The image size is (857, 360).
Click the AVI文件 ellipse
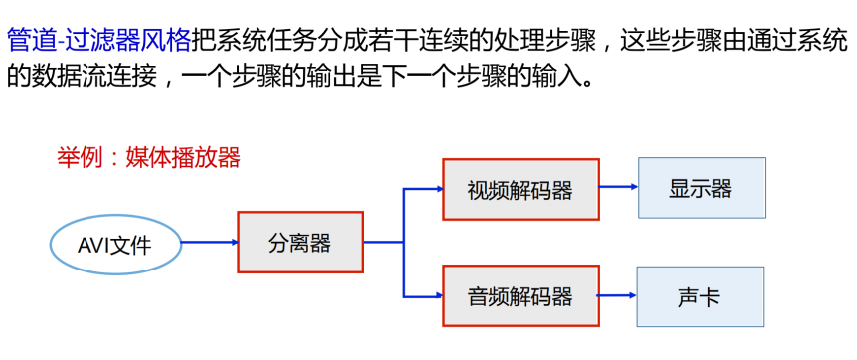coord(115,242)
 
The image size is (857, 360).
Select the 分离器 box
coord(299,242)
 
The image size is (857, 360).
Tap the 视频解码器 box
coord(520,189)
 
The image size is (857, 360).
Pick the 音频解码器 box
coord(520,295)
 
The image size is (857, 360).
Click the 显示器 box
coord(701,188)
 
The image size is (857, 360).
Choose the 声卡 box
coord(701,295)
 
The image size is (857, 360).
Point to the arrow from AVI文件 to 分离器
coord(209,242)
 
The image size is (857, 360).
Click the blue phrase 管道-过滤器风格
coord(97,41)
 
